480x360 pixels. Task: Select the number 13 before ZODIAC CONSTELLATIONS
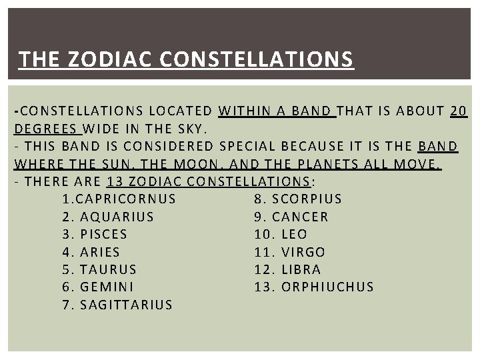[114, 181]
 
